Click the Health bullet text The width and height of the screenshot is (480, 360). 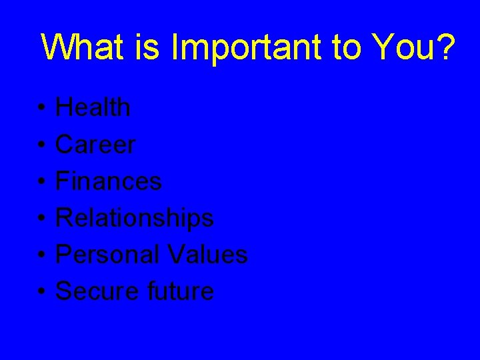pos(93,107)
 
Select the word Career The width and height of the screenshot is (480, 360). pos(95,144)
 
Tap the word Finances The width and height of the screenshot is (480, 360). pos(108,181)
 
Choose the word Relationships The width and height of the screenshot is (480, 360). pos(134,217)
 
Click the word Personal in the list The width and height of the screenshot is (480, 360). pos(107,254)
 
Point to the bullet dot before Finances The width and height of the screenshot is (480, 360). pos(41,182)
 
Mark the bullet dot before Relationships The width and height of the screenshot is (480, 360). pos(41,219)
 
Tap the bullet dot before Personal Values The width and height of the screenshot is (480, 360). pos(41,255)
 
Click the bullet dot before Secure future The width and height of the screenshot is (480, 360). pos(41,292)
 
